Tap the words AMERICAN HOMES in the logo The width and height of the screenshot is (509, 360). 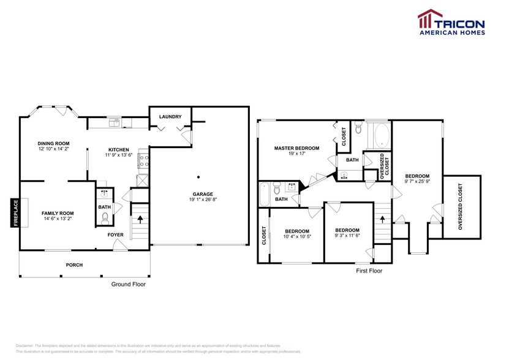pos(452,34)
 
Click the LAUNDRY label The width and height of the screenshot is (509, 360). pos(170,116)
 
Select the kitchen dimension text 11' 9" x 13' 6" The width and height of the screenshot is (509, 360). pos(118,155)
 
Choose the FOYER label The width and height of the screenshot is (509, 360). pos(116,234)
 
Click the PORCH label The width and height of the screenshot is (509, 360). pos(74,264)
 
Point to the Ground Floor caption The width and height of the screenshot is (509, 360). pos(128,284)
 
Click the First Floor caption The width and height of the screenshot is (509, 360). pos(369,270)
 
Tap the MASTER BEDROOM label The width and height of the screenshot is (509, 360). pos(296,148)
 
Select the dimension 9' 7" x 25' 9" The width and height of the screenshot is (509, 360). pos(417,181)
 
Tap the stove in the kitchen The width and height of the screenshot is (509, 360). pos(143,161)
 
